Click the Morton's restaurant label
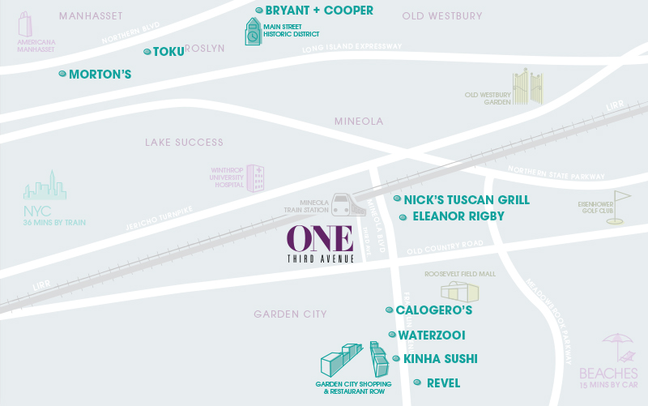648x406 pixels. (100, 75)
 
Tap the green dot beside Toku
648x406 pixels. (147, 52)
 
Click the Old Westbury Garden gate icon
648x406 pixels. (525, 88)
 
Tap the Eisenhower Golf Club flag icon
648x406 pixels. (618, 207)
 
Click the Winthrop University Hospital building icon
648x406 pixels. (255, 177)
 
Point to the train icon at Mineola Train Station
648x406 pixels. (352, 204)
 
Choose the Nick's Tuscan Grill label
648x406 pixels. (467, 199)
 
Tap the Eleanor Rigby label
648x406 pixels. (458, 216)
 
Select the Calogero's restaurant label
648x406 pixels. (433, 310)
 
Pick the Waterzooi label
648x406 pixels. (432, 335)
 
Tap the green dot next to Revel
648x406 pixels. (417, 382)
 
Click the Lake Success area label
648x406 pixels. (184, 143)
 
